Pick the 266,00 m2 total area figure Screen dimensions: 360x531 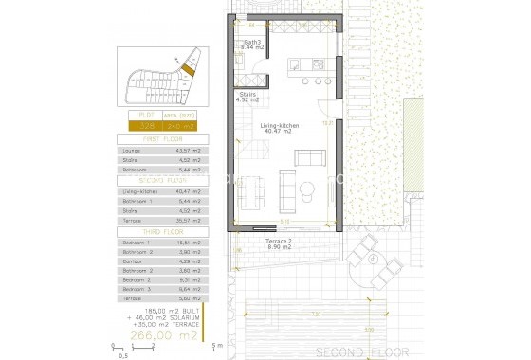click(167, 334)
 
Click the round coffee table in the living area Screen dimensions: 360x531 click(306, 188)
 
